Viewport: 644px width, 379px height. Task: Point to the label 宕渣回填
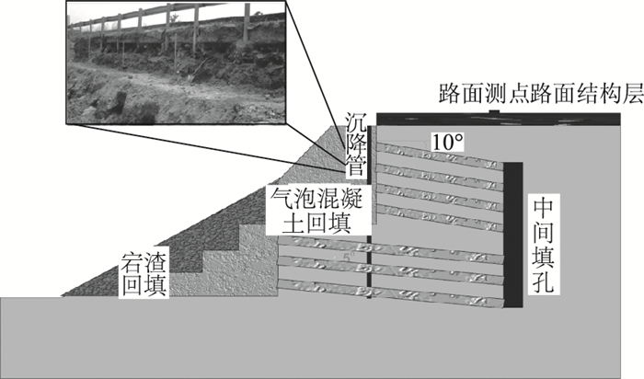click(x=143, y=271)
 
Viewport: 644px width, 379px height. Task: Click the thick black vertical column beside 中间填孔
click(x=512, y=234)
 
